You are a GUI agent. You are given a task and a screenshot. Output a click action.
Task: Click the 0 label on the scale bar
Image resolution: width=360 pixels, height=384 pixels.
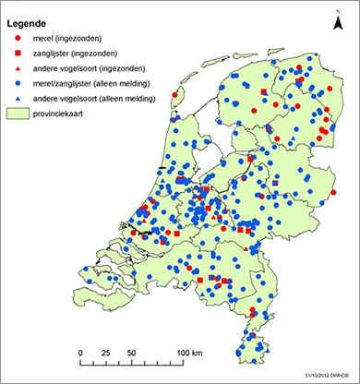pyautogui.click(x=81, y=354)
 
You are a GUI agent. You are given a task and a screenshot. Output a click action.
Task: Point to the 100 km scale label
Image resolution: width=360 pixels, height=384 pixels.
pyautogui.click(x=190, y=354)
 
